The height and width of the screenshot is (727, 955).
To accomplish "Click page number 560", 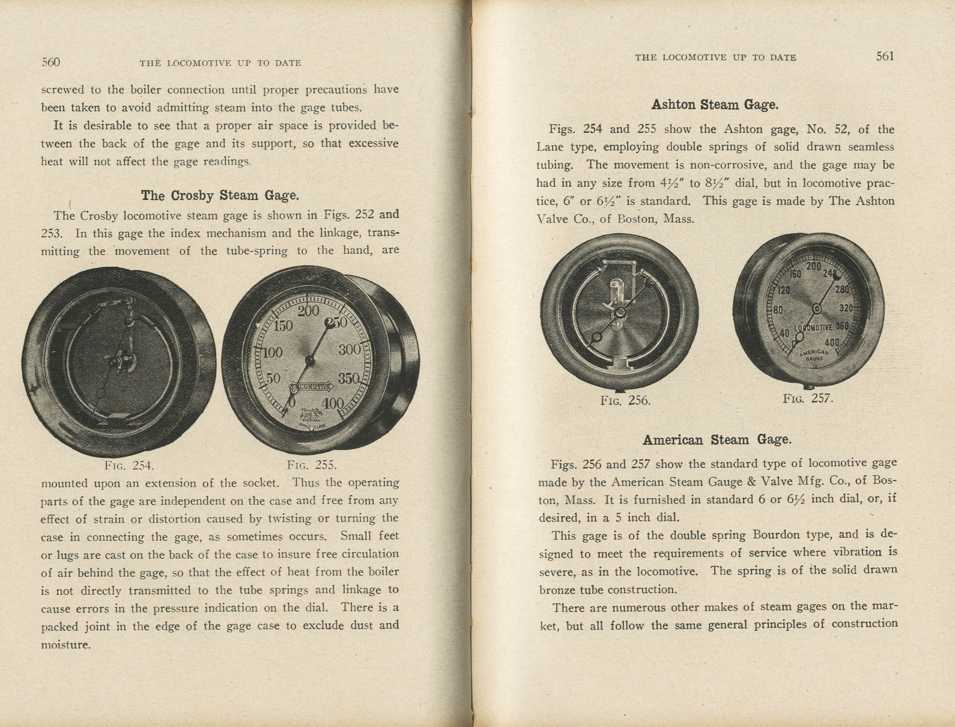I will coord(51,62).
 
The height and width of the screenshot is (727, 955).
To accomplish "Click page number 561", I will coord(885,56).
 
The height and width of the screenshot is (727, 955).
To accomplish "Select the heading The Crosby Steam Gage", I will coord(220,195).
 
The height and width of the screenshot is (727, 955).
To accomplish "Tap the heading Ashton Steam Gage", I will coord(715,105).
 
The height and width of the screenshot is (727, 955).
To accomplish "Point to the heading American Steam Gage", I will coord(717,439).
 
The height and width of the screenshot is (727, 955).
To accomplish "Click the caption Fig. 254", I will coord(129,465).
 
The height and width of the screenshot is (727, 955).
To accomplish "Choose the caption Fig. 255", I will coord(312,465).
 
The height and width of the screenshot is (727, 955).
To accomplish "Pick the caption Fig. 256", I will coord(625,401).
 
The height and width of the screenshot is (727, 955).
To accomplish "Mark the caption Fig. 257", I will coord(808,398).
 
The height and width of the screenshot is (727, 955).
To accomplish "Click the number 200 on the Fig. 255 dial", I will coord(308,311).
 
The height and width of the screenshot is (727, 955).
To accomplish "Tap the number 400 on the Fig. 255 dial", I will coord(332,403).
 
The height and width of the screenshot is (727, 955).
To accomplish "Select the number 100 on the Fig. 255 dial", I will coord(271,352).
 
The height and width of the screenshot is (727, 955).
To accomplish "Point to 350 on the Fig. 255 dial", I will coord(348,379).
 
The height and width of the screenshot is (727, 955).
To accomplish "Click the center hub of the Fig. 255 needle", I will coord(310,360).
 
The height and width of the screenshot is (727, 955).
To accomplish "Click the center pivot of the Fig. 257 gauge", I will coord(817,309).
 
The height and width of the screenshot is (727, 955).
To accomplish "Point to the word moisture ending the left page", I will coord(65,645).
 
